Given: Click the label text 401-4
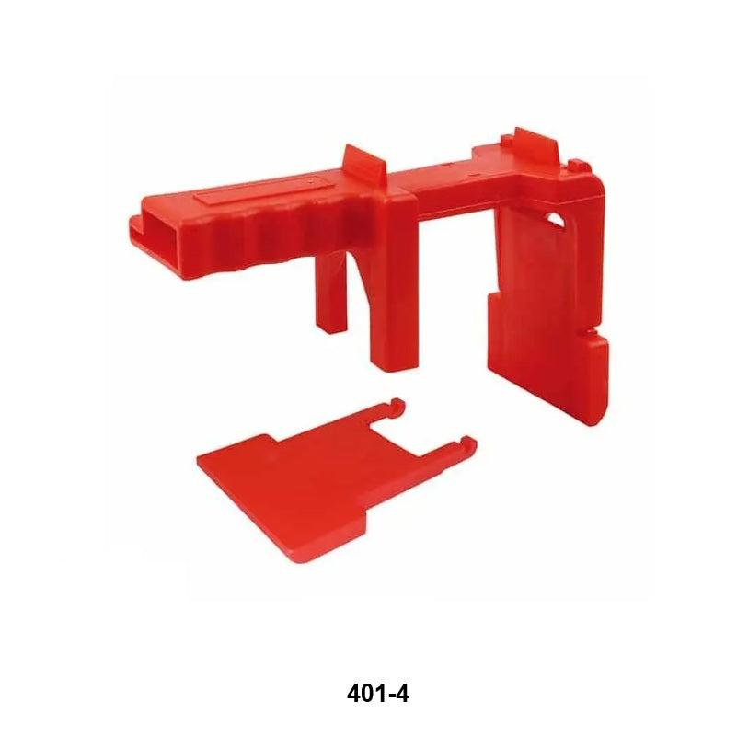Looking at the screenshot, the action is (x=377, y=694).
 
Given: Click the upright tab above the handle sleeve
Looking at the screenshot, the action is (x=365, y=166).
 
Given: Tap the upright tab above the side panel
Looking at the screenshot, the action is (x=536, y=144).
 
